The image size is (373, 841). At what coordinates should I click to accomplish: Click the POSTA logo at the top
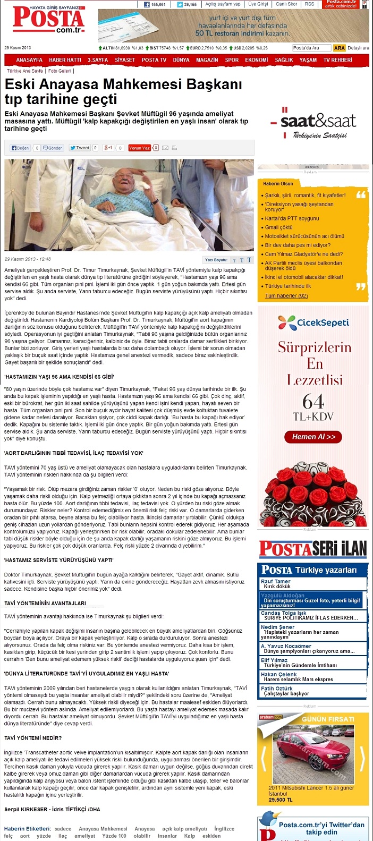(x=48, y=21)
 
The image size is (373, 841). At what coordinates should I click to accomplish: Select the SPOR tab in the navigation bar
(x=232, y=60)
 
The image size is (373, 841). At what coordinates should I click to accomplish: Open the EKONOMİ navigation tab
(x=256, y=60)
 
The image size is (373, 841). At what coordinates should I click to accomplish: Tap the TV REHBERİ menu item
(x=337, y=60)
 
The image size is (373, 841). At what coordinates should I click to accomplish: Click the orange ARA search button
(x=339, y=48)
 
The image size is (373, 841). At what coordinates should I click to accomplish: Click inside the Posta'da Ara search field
(x=312, y=48)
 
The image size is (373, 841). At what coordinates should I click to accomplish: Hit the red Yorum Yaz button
(x=139, y=148)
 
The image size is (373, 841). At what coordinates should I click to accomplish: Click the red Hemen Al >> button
(x=313, y=437)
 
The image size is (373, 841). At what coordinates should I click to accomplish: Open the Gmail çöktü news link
(x=279, y=227)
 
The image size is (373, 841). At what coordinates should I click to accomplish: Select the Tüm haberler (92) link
(x=286, y=296)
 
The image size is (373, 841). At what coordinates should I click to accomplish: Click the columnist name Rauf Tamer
(x=276, y=581)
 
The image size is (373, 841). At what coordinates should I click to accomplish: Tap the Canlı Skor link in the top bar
(x=286, y=4)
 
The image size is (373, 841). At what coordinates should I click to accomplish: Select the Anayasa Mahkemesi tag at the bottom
(x=103, y=828)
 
